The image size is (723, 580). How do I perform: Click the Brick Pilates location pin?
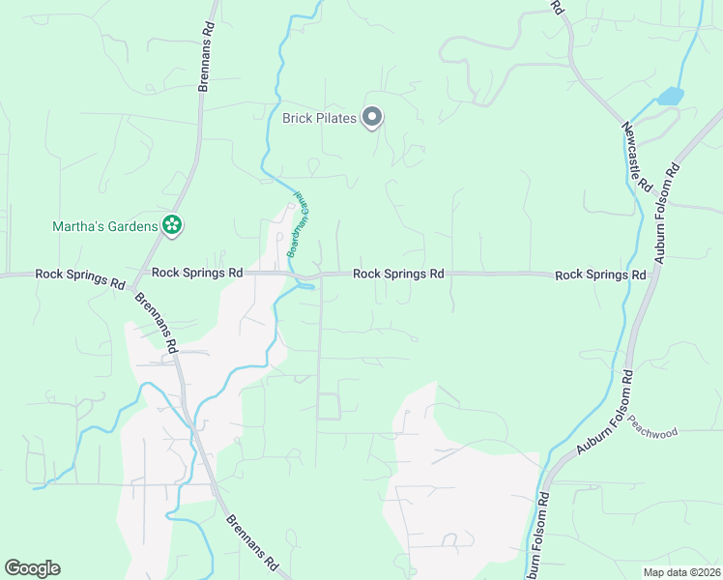tap(372, 118)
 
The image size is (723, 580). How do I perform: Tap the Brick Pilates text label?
tap(319, 119)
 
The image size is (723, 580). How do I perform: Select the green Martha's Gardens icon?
tap(172, 225)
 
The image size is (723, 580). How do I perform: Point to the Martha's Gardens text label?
tap(103, 226)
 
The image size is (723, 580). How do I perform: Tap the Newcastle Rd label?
tap(638, 156)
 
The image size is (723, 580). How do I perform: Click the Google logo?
tap(32, 568)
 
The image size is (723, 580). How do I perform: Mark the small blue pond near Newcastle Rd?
tap(669, 96)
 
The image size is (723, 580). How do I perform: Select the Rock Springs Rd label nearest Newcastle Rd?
tap(599, 275)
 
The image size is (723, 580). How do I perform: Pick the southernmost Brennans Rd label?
tap(253, 541)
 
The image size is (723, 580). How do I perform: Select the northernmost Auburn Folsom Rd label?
tap(667, 213)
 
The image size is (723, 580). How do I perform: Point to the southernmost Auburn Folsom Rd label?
tap(536, 536)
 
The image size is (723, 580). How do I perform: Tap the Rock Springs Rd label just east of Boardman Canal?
tap(397, 274)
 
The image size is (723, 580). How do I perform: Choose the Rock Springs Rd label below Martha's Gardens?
tap(196, 274)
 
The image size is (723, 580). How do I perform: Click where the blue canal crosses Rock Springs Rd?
tap(304, 277)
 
